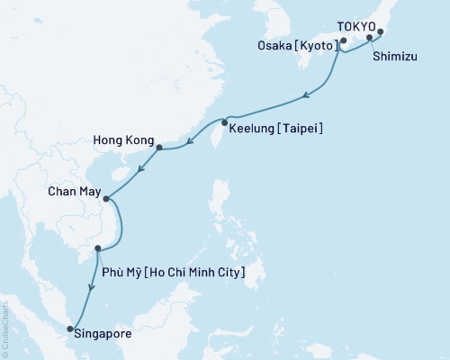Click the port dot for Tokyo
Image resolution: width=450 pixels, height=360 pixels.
pos(380,32)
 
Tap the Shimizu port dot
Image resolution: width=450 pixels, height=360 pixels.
pos(370,39)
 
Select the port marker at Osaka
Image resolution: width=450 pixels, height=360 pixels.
pos(344,40)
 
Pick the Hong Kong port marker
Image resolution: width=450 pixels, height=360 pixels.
pos(159,148)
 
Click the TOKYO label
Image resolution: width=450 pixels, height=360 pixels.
pos(355,28)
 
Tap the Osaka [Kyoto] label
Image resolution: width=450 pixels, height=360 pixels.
pos(306,43)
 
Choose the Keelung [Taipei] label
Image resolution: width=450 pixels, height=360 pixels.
pos(276,130)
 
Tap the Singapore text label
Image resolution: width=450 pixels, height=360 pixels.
pos(106,334)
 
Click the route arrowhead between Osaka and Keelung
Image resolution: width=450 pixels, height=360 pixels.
pos(308,94)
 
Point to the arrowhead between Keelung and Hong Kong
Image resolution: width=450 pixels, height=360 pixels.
pos(189,139)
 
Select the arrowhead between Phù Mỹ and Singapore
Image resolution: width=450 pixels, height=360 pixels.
pos(90,287)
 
